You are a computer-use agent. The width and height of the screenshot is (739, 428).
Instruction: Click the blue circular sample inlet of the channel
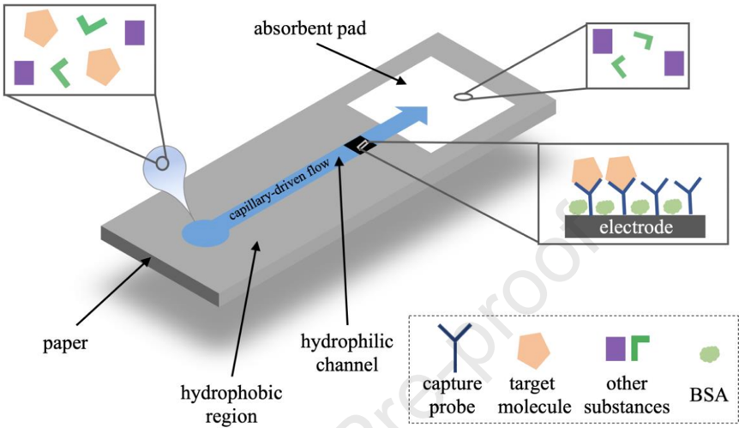point(201,233)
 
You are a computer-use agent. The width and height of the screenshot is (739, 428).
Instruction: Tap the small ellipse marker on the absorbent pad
point(462,97)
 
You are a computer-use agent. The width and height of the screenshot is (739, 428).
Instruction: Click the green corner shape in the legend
point(639,348)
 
